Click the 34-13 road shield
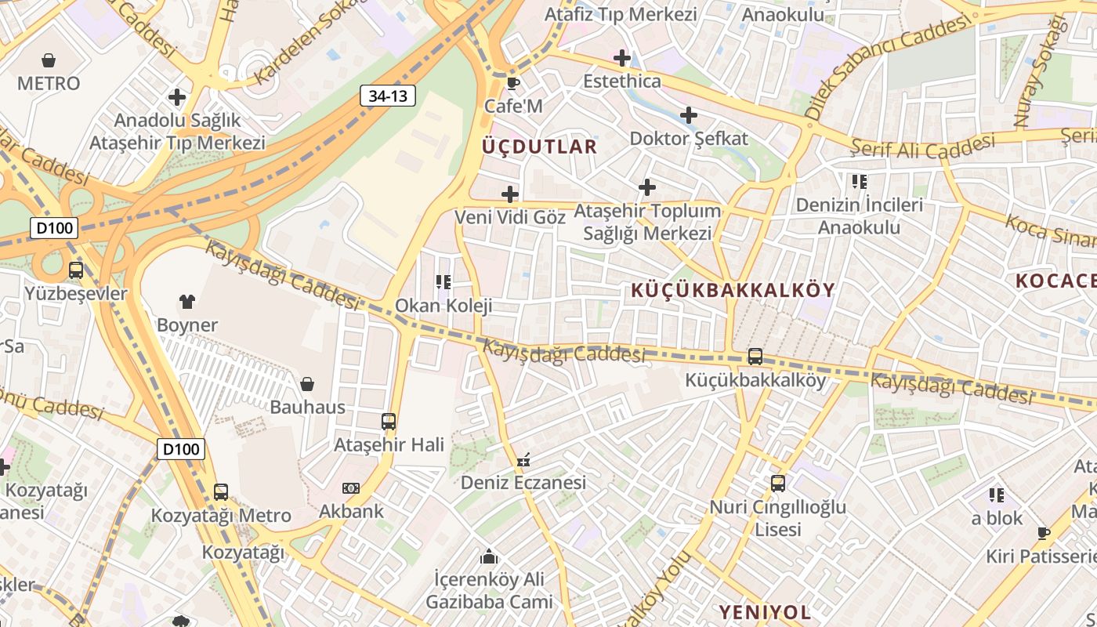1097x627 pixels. pyautogui.click(x=388, y=96)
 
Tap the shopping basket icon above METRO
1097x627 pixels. pyautogui.click(x=49, y=60)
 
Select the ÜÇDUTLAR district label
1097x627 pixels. pyautogui.click(x=539, y=147)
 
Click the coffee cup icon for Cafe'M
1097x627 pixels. pyautogui.click(x=513, y=83)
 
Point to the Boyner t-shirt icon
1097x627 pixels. pyautogui.click(x=187, y=301)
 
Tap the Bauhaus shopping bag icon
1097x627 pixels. pyautogui.click(x=307, y=384)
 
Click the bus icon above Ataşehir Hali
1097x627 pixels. pyautogui.click(x=389, y=422)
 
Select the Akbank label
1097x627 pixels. pyautogui.click(x=351, y=511)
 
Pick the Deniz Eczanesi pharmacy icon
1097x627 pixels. pyautogui.click(x=523, y=460)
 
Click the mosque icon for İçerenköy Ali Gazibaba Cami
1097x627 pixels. pyautogui.click(x=490, y=557)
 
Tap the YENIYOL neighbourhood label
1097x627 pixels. pyautogui.click(x=765, y=612)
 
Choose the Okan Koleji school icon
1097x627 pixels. pyautogui.click(x=444, y=282)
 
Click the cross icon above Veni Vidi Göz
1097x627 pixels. pyautogui.click(x=510, y=194)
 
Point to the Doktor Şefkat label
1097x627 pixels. pyautogui.click(x=689, y=139)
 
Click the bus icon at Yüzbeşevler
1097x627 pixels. pyautogui.click(x=76, y=270)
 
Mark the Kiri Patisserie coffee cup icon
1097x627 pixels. pyautogui.click(x=1044, y=534)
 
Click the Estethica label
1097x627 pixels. pyautogui.click(x=622, y=82)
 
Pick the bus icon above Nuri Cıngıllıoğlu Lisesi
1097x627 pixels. pyautogui.click(x=777, y=484)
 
